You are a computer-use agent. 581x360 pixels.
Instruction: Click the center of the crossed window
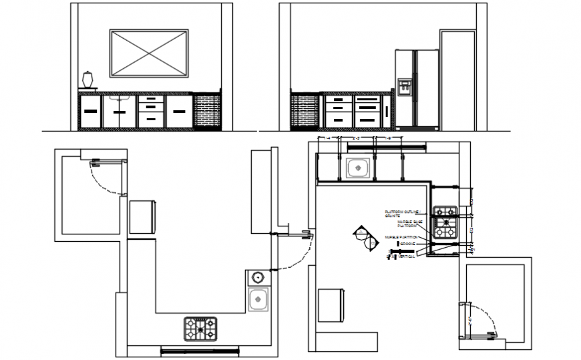[x=148, y=53]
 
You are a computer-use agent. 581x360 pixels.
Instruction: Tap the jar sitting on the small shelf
[x=87, y=79]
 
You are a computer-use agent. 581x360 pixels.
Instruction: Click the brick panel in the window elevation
[x=206, y=111]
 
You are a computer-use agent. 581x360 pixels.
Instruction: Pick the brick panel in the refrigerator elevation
[x=305, y=111]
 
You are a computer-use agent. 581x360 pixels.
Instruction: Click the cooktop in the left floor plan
[x=201, y=328]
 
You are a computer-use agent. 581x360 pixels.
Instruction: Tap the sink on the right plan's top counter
[x=359, y=169]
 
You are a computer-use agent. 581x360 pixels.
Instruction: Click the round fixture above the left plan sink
[x=258, y=277]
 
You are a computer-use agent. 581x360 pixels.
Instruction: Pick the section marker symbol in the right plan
[x=364, y=236]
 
